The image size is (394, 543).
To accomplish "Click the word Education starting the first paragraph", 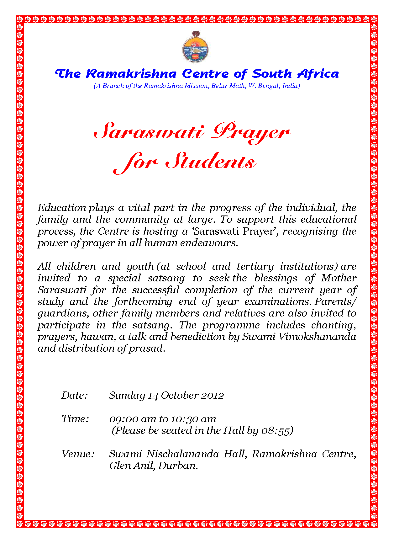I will [62, 208].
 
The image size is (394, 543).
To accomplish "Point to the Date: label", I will [75, 395].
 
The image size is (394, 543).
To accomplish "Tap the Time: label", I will [75, 419].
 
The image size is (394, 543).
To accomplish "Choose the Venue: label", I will [78, 454].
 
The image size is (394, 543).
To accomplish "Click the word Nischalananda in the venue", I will [182, 454].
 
